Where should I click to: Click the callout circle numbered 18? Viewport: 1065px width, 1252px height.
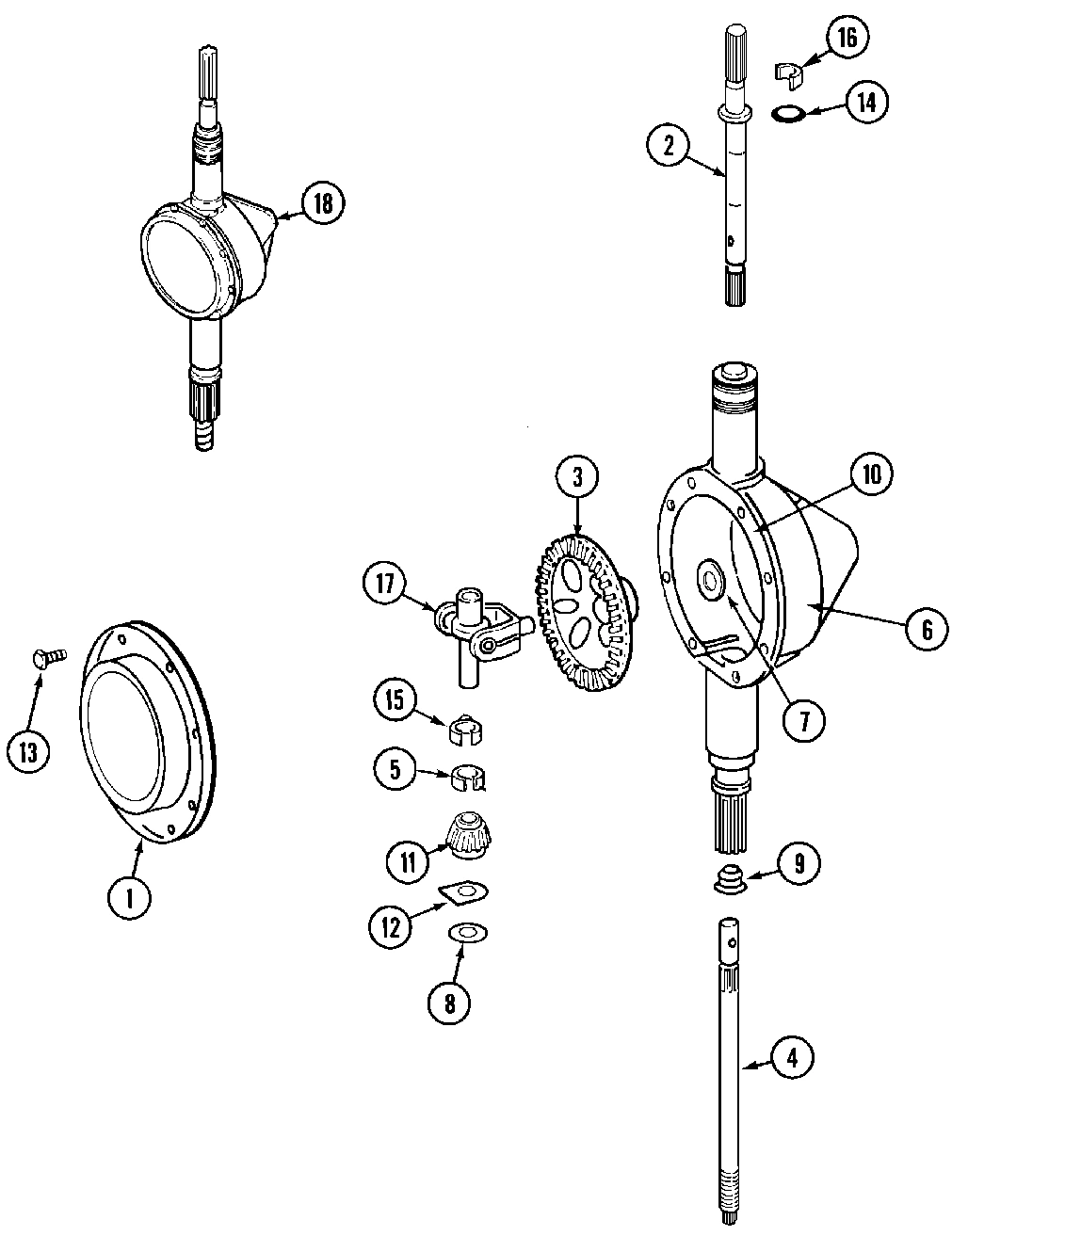tap(322, 204)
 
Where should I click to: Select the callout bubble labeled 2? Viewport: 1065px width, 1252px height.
tap(669, 145)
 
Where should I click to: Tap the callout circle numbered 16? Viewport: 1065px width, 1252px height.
tap(847, 38)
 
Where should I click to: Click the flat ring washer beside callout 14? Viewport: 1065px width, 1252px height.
tap(786, 114)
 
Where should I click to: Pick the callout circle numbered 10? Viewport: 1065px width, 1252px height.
tap(871, 475)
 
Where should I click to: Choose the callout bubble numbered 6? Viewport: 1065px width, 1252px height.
tap(926, 628)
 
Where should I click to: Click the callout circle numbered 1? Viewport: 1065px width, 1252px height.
tap(130, 897)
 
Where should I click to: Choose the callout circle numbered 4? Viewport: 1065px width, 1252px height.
tap(791, 1058)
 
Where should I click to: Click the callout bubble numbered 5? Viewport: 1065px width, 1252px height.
tap(394, 769)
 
